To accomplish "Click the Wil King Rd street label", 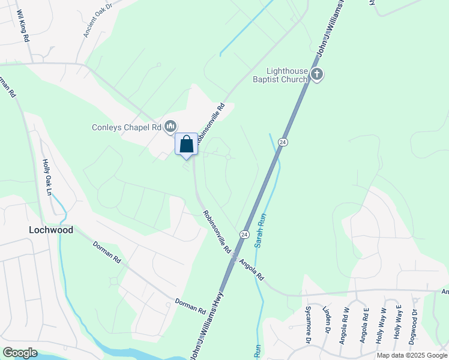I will pyautogui.click(x=23, y=25).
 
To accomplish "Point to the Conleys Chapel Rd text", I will pyautogui.click(x=127, y=127).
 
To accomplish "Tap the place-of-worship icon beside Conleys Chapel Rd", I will pyautogui.click(x=170, y=126).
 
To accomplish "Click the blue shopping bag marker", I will pyautogui.click(x=187, y=145).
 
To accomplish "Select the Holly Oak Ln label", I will pyautogui.click(x=46, y=177).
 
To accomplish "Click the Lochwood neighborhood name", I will pyautogui.click(x=51, y=230).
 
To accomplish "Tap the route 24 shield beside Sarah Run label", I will pyautogui.click(x=244, y=233).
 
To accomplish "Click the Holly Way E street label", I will pyautogui.click(x=397, y=323).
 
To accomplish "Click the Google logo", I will pyautogui.click(x=20, y=353).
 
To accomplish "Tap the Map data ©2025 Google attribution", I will pyautogui.click(x=411, y=355).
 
